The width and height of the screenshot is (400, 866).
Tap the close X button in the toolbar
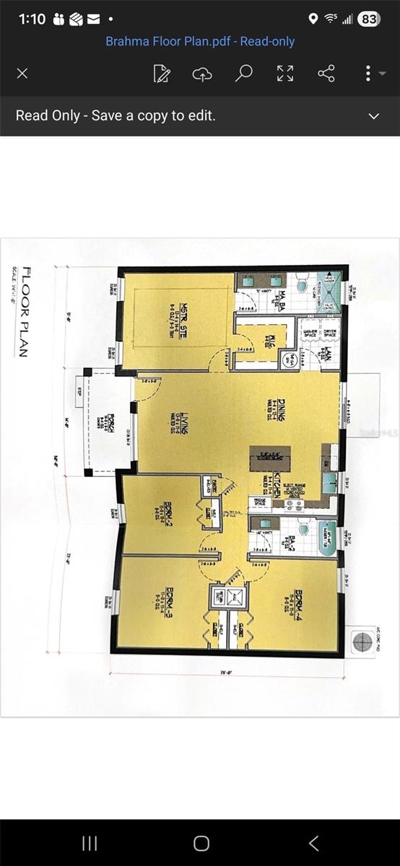click(x=22, y=74)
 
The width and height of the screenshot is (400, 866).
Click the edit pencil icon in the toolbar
click(x=162, y=74)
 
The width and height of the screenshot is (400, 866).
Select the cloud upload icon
click(x=203, y=74)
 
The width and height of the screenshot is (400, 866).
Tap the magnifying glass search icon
click(x=244, y=73)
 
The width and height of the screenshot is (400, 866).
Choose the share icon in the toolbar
click(x=326, y=74)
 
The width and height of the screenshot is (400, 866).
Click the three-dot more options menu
click(x=368, y=74)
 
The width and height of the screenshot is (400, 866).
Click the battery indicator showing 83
click(x=368, y=19)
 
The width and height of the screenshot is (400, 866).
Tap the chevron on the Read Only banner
click(x=374, y=116)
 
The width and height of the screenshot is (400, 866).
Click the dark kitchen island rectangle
click(x=271, y=456)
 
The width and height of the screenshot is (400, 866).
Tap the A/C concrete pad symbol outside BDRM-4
click(x=360, y=639)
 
